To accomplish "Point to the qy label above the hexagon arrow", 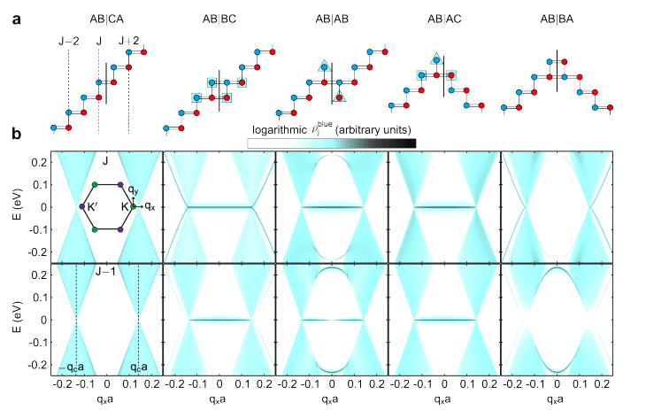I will pos(132,190).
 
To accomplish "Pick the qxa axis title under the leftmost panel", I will pos(107,399).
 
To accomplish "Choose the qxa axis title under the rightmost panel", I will pos(557,399).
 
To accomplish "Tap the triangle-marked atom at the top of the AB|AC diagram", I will pos(435,58).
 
